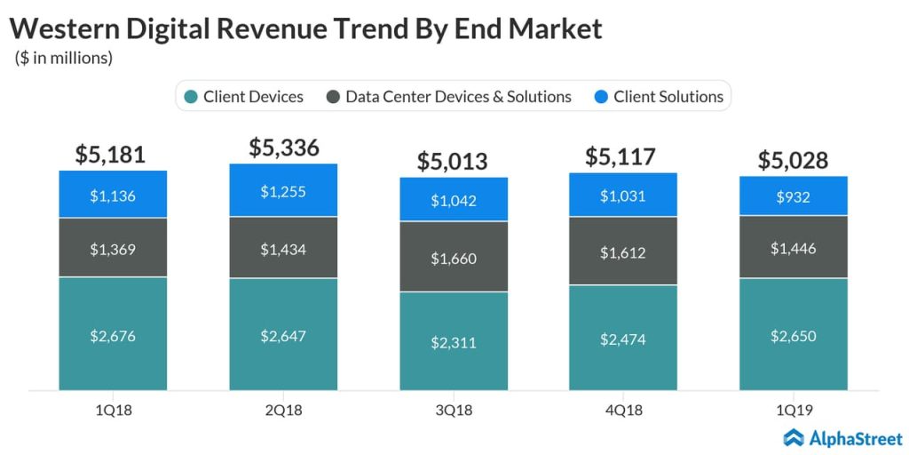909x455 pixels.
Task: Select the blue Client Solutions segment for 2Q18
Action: (x=283, y=190)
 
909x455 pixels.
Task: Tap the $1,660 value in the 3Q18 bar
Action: (x=454, y=259)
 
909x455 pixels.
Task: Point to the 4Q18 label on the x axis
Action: (x=623, y=410)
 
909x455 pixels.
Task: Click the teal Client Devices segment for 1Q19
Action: (x=794, y=335)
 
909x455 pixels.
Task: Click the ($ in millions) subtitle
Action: (x=64, y=59)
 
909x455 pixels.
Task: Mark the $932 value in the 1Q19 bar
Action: (x=794, y=196)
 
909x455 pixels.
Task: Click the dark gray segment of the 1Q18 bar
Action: (x=113, y=248)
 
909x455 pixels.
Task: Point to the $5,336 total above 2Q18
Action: (x=283, y=147)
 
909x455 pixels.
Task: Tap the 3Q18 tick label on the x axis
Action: (x=454, y=410)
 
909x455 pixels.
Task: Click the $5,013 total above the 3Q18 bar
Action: (x=454, y=161)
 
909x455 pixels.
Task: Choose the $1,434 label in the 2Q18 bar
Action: (x=283, y=250)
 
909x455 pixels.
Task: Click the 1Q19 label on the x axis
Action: (x=794, y=410)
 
